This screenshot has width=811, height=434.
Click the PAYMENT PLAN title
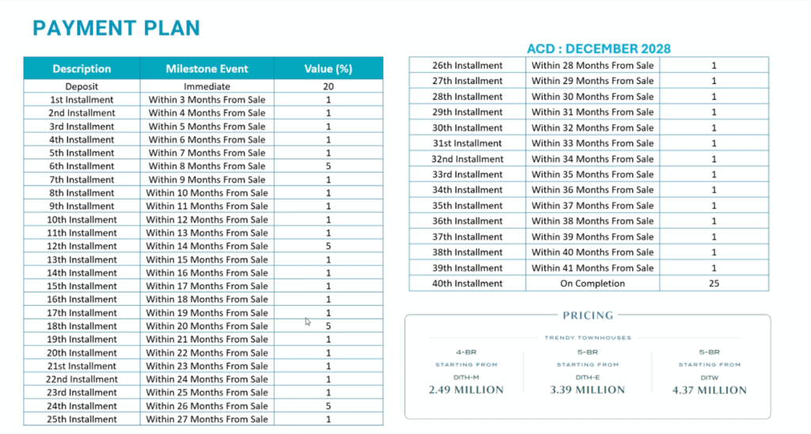[x=116, y=29]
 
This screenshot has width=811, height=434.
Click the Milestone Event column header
[x=207, y=69]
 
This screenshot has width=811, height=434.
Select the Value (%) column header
[x=328, y=69]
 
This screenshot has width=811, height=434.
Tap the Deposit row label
[x=82, y=86]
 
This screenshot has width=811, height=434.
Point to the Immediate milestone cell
[x=207, y=86]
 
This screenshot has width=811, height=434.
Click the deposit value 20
[x=328, y=86]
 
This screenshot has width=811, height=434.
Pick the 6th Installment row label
[x=82, y=166]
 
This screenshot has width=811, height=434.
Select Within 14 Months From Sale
[x=207, y=246]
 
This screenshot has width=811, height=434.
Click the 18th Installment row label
[x=82, y=326]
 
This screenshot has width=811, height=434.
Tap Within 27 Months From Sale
[x=207, y=420]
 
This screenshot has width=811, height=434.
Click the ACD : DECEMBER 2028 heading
[x=599, y=49]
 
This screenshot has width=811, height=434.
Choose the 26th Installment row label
[x=467, y=65]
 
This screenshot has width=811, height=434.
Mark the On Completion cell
[x=592, y=284]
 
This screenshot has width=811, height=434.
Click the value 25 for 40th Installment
[x=714, y=284]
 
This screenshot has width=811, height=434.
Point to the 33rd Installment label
[x=467, y=174]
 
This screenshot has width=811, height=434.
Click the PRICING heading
[x=588, y=315]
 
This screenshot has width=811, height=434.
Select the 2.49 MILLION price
[x=466, y=390]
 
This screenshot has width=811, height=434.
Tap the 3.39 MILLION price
[x=587, y=390]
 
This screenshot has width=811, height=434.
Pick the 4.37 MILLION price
[x=709, y=390]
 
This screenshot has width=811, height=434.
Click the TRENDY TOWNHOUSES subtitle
[x=587, y=338]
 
